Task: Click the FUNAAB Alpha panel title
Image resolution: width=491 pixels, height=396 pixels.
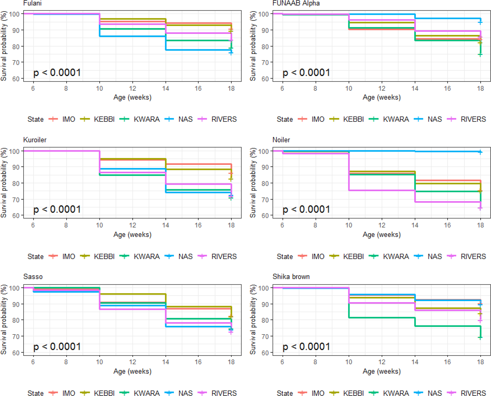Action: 296,3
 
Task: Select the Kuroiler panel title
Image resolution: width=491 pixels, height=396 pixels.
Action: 35,140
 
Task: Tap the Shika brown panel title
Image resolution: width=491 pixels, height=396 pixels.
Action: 291,276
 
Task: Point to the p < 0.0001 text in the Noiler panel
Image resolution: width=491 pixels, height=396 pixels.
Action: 306,209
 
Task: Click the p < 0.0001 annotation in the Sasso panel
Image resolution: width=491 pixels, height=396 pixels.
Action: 57,346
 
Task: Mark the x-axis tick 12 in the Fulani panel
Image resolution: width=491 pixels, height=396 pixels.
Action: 132,88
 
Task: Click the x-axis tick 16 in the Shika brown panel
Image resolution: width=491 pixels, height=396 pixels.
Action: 447,362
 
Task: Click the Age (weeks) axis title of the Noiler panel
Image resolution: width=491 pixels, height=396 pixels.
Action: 382,235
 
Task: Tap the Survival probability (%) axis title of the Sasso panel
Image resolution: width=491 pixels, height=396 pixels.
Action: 4,319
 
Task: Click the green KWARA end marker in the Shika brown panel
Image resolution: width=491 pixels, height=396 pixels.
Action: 480,338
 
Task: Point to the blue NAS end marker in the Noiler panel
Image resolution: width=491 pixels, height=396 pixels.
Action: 480,152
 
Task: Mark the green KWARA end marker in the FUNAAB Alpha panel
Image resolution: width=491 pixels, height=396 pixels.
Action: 480,55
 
